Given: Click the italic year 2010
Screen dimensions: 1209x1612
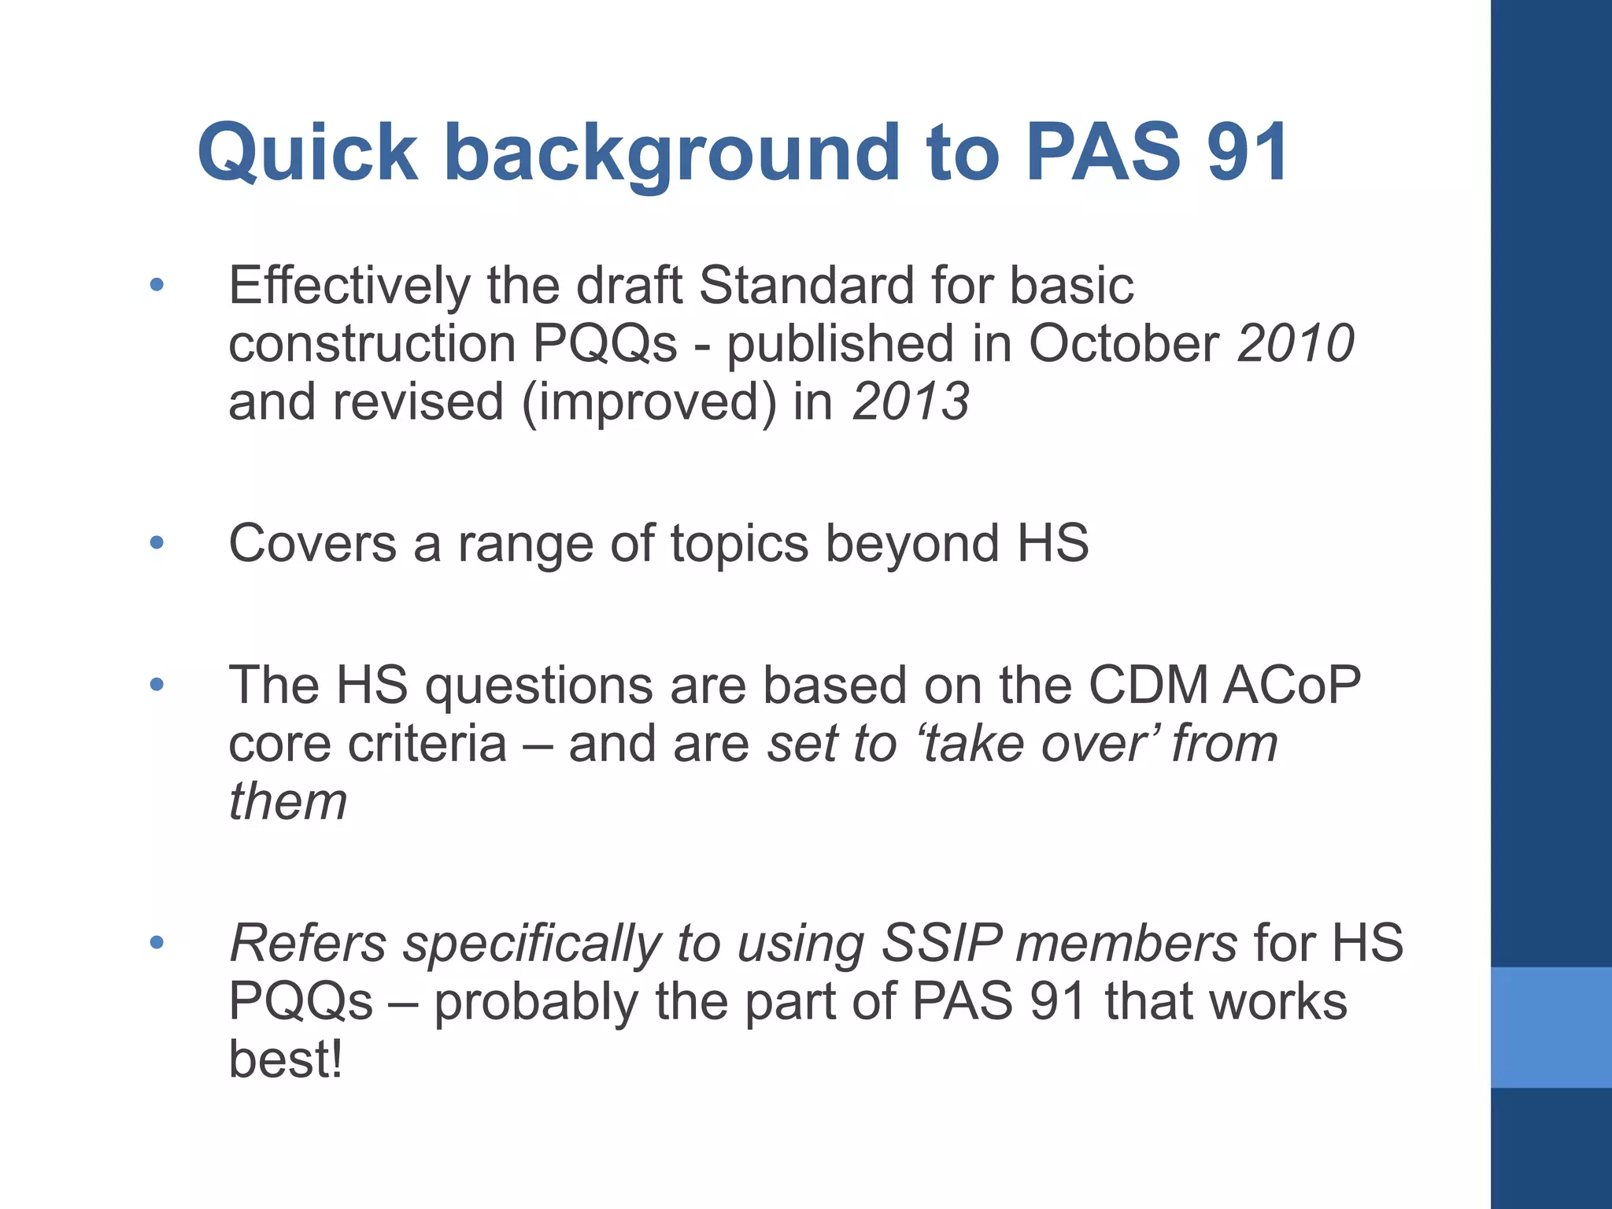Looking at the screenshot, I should [1296, 344].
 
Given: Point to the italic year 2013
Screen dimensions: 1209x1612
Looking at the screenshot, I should [911, 401].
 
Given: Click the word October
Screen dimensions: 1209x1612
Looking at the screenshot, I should [1125, 344].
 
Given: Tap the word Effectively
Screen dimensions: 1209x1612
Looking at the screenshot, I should [349, 285].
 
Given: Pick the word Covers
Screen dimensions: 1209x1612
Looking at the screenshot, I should [312, 543].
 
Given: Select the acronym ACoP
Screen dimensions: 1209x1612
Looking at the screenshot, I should [1292, 685].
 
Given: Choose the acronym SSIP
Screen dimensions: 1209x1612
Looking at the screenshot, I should [941, 943].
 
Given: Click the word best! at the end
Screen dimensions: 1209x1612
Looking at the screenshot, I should [286, 1059].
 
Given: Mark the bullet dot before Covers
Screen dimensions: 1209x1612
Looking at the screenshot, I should [157, 542].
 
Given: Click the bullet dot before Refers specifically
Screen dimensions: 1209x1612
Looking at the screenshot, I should [157, 941].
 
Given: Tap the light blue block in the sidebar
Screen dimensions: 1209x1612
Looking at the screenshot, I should [1551, 1027].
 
